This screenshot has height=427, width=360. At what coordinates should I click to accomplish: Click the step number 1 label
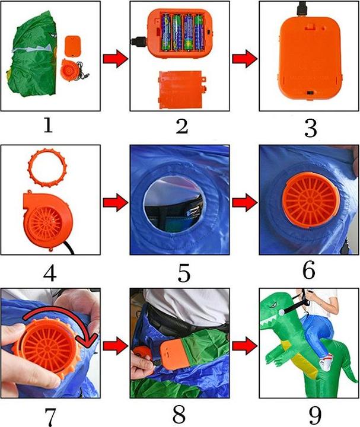click(x=48, y=126)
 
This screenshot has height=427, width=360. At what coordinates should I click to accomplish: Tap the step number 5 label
click(x=184, y=273)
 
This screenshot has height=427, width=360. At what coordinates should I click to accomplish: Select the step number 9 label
click(x=316, y=415)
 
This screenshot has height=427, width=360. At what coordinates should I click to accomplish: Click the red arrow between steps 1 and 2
click(x=115, y=58)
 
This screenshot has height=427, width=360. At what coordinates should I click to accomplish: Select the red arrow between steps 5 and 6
click(x=244, y=202)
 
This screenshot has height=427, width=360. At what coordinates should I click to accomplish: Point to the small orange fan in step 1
click(x=71, y=69)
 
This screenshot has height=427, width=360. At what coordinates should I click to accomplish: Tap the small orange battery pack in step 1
click(x=73, y=46)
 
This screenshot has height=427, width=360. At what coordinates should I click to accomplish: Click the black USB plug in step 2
click(x=138, y=42)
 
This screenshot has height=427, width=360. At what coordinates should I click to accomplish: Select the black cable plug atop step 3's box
click(x=302, y=8)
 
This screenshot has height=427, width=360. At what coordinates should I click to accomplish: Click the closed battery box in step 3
click(x=310, y=58)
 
